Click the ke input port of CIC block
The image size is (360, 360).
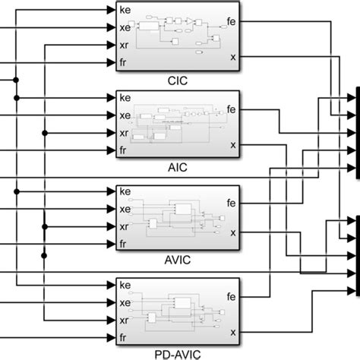[x=125, y=11]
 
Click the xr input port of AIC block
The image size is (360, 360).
[x=125, y=133]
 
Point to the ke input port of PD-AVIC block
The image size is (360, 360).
[x=125, y=285]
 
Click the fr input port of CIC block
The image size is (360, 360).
[x=125, y=62]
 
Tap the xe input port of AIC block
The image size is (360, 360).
[x=125, y=115]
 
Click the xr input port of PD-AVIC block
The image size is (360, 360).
[x=125, y=320]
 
